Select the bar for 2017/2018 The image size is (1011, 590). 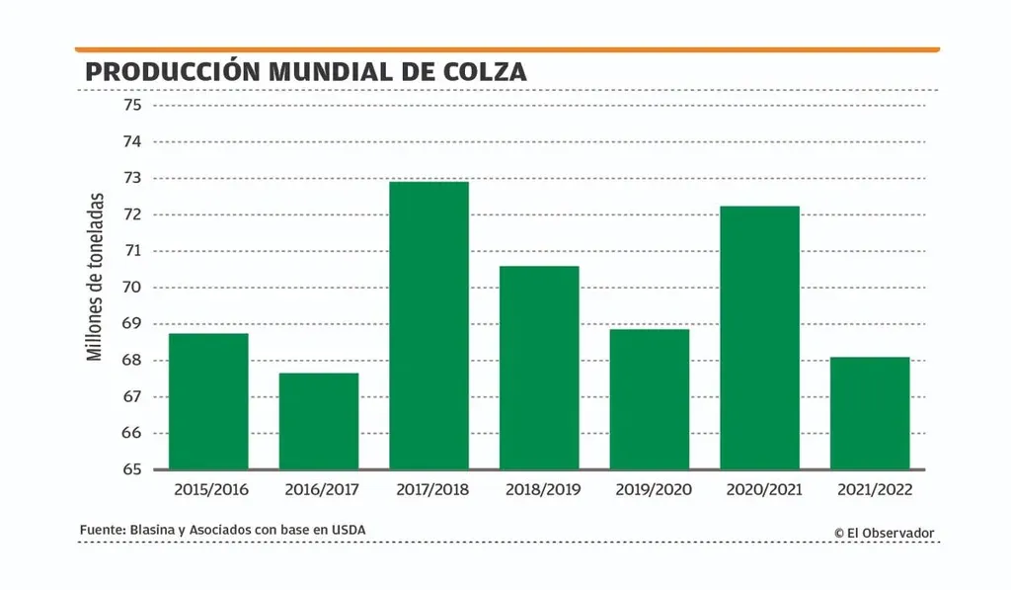pyautogui.click(x=428, y=325)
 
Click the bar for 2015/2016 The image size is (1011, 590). pyautogui.click(x=208, y=401)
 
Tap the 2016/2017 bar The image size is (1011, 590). pyautogui.click(x=318, y=421)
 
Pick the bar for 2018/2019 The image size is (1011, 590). pyautogui.click(x=539, y=368)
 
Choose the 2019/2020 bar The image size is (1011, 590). pyautogui.click(x=649, y=399)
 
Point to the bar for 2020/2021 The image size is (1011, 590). pyautogui.click(x=759, y=337)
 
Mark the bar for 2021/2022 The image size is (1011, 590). pyautogui.click(x=869, y=413)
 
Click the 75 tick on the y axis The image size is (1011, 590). pyautogui.click(x=132, y=105)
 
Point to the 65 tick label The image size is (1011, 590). pyautogui.click(x=132, y=469)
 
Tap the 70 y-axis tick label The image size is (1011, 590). pyautogui.click(x=132, y=288)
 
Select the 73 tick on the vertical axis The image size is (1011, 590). pyautogui.click(x=132, y=178)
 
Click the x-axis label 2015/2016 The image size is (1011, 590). pyautogui.click(x=210, y=489)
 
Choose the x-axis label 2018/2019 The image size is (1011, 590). pyautogui.click(x=542, y=489)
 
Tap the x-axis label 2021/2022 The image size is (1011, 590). pyautogui.click(x=873, y=489)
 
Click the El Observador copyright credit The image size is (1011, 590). pyautogui.click(x=883, y=533)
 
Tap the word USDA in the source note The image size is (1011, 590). pyautogui.click(x=349, y=531)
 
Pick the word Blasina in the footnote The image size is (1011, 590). pyautogui.click(x=152, y=531)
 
